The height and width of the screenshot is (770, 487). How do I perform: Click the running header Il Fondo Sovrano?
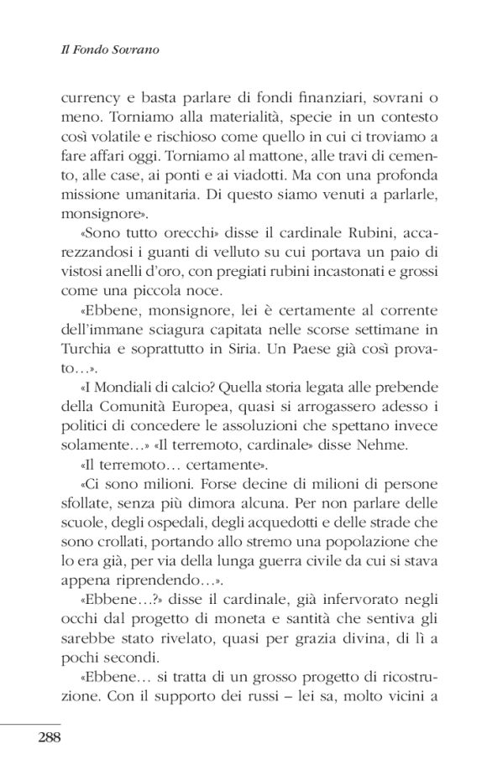point(105,50)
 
